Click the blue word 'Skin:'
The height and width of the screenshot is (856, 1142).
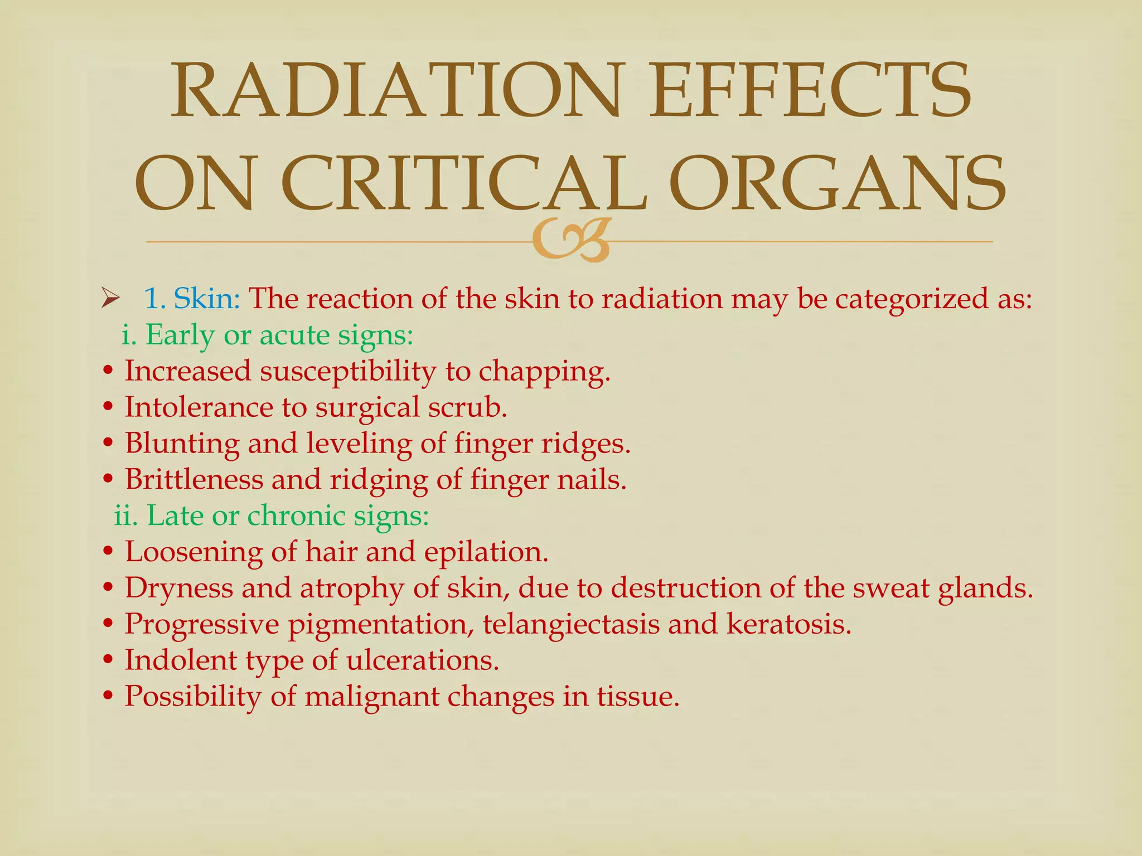tap(206, 299)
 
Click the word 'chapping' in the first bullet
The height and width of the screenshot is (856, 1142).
tap(544, 372)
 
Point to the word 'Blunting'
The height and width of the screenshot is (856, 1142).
tap(182, 444)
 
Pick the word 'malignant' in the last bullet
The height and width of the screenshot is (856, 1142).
tap(371, 697)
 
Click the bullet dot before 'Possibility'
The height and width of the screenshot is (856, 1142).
tap(109, 697)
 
